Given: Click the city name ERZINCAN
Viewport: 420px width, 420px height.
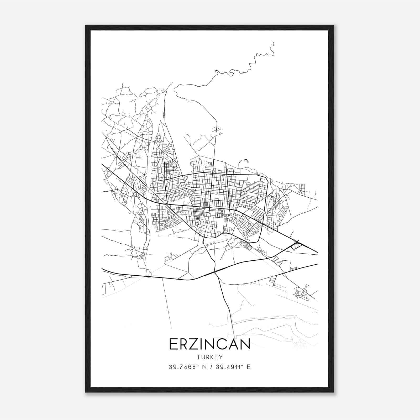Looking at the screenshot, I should point(209,344).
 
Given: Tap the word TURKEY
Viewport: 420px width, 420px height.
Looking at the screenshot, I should point(209,357).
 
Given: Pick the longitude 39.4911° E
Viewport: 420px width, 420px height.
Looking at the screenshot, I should point(233,367).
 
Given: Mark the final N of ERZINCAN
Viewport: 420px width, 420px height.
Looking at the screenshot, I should point(245,344).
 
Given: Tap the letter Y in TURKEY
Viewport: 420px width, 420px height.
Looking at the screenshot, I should point(221,357).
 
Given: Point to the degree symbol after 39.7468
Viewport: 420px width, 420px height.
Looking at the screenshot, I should point(197,365).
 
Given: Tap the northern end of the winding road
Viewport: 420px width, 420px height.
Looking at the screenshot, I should point(273,42).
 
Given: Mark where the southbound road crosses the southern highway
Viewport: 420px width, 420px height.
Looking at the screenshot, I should point(215,272).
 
